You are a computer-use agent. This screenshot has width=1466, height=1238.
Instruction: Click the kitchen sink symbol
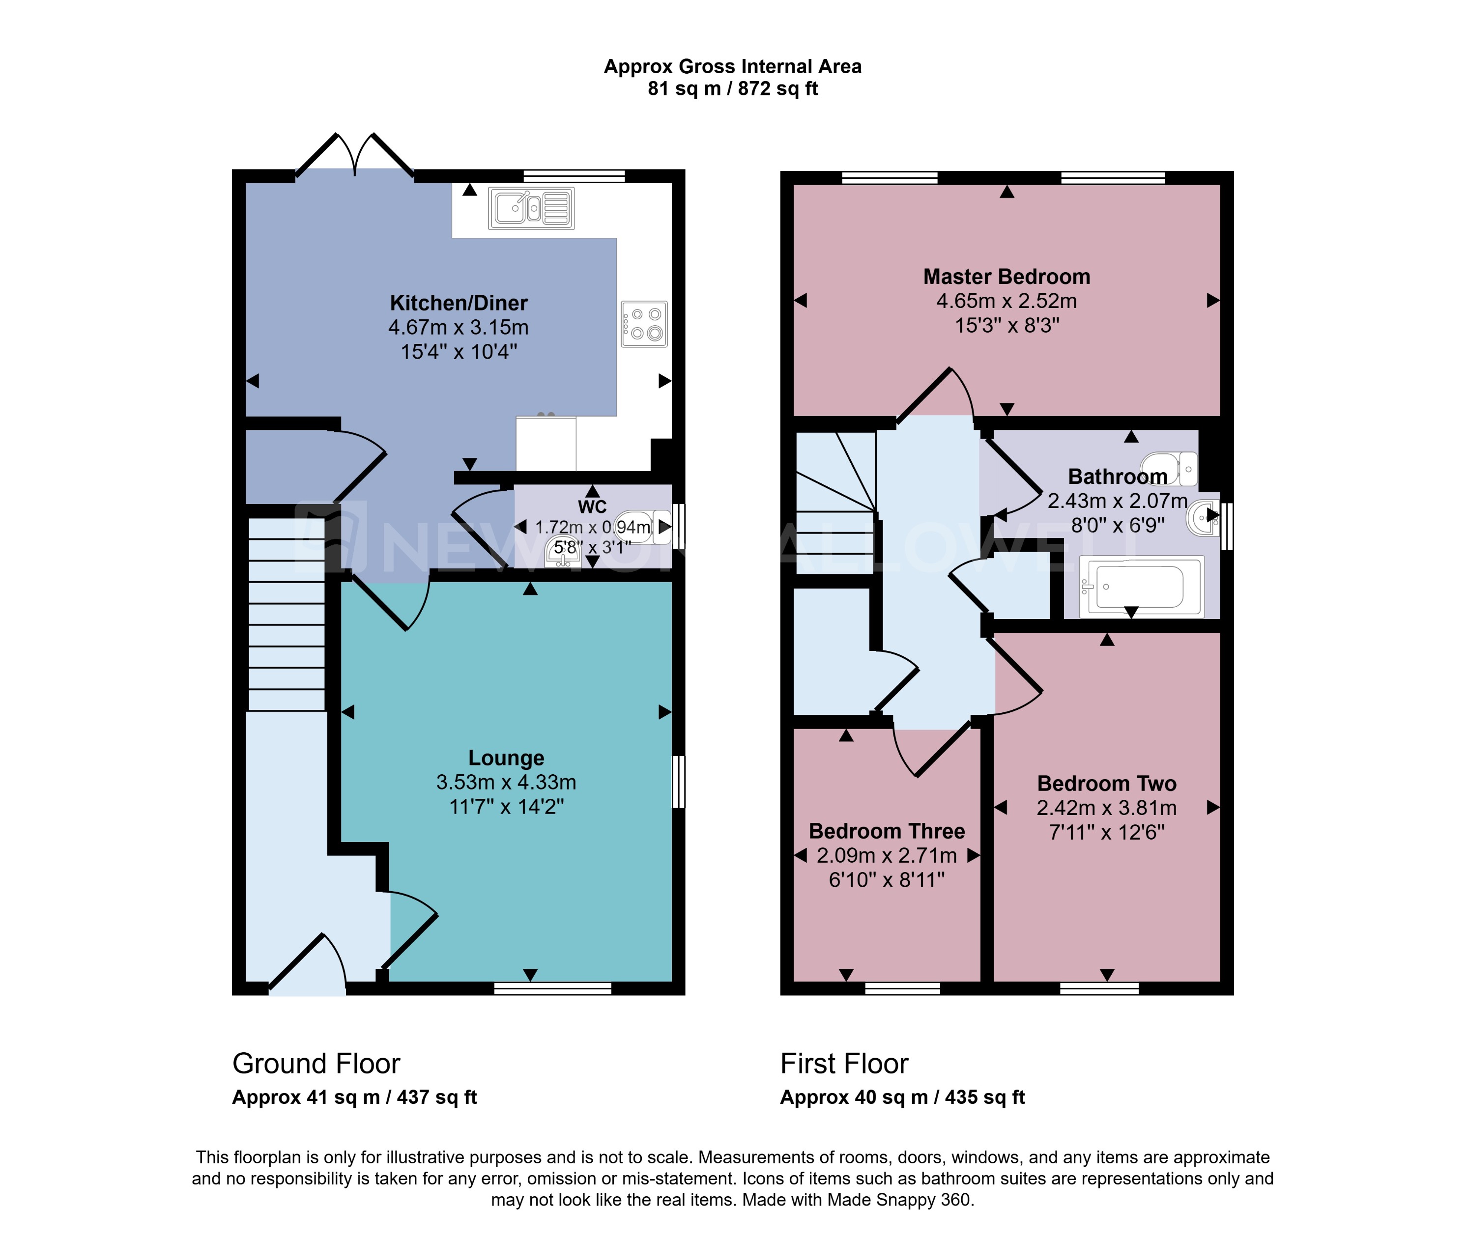(531, 208)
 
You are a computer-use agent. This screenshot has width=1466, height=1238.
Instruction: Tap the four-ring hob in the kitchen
(644, 324)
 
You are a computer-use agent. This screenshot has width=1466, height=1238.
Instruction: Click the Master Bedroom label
(1006, 277)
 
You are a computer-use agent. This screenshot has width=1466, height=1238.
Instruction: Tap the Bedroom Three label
(886, 831)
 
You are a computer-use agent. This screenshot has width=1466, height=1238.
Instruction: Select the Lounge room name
(506, 758)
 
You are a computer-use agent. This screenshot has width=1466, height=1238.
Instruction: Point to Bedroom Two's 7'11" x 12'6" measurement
(1107, 832)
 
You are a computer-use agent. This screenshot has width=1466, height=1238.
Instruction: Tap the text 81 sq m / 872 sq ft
(732, 89)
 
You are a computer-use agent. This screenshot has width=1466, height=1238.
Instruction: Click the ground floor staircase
(287, 614)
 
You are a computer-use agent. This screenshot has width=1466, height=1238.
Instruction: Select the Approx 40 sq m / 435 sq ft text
(902, 1097)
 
